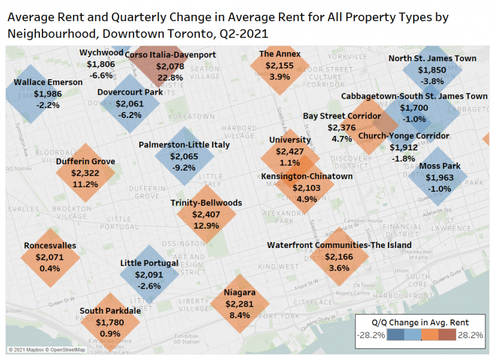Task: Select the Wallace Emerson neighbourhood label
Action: pos(48,82)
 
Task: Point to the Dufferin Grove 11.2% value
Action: pos(85,184)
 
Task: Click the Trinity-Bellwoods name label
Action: pos(206,203)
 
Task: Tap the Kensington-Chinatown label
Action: pos(298,176)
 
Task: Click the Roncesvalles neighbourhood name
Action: pos(50,245)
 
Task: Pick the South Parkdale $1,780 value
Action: pos(110,322)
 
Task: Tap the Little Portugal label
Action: pos(150,263)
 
